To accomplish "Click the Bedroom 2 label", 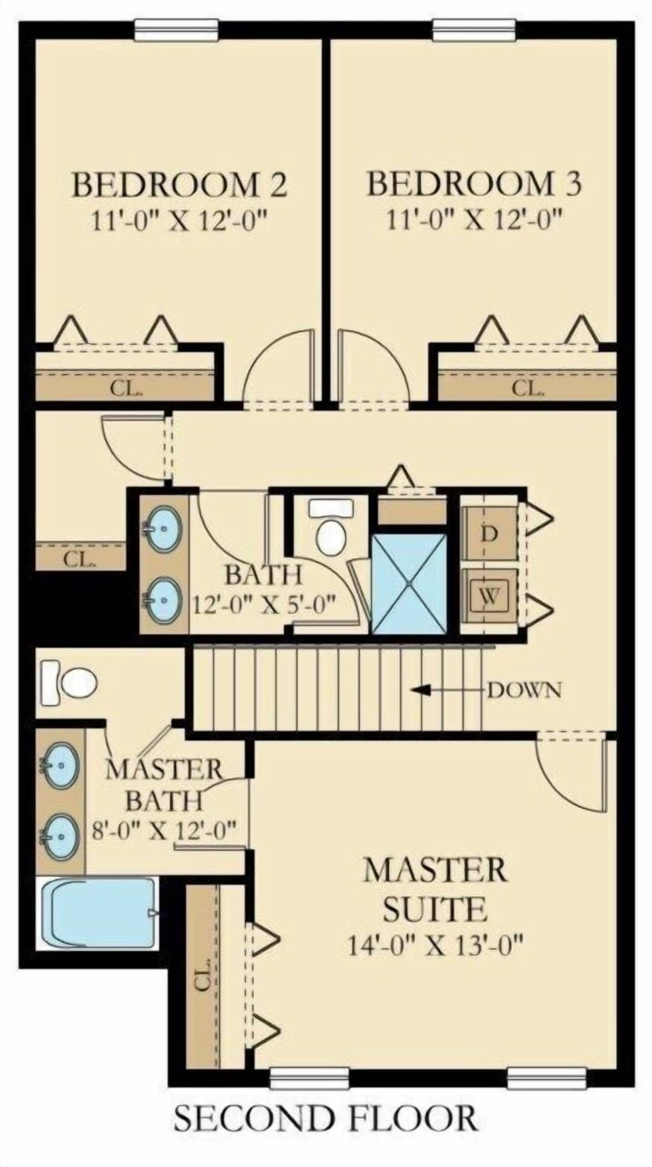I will (x=179, y=185).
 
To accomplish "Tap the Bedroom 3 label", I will (x=474, y=184).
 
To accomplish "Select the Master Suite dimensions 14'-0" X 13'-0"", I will (x=436, y=945).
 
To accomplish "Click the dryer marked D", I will (x=489, y=534).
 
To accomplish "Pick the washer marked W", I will (x=489, y=597).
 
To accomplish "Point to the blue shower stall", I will (x=410, y=584).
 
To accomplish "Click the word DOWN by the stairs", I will (x=525, y=690).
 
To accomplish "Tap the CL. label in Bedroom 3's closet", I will (x=527, y=389).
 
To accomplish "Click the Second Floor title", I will (x=326, y=1119).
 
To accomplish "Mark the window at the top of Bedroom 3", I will (x=474, y=29).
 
